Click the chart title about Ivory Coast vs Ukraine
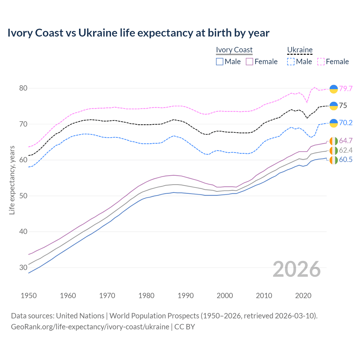tap(138, 33)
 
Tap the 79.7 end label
tap(346, 89)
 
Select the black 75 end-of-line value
tap(343, 106)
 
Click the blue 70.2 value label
tap(346, 123)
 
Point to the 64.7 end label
tap(346, 141)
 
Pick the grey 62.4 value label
tap(346, 150)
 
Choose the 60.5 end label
tap(346, 160)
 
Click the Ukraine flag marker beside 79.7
tap(334, 89)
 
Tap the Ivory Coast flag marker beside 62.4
tap(334, 150)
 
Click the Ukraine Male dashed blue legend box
tap(291, 62)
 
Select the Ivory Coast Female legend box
tap(249, 62)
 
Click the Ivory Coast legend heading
tap(234, 50)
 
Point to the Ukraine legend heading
tap(300, 50)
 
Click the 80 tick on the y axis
tap(23, 88)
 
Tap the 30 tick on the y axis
tap(23, 267)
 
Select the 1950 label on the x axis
tap(29, 296)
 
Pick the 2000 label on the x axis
tap(225, 296)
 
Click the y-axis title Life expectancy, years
tap(12, 180)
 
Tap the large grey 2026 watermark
tap(296, 269)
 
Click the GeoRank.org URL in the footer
tap(90, 327)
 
